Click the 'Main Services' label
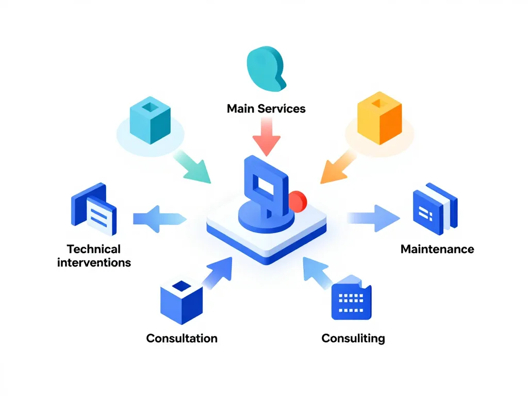tap(266, 109)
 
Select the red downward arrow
tap(267, 136)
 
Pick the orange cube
tap(379, 118)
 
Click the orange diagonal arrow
tap(338, 166)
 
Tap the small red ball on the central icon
tap(298, 200)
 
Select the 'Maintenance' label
tap(437, 249)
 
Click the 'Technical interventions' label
tap(94, 256)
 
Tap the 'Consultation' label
tap(181, 338)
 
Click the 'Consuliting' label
tap(353, 338)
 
